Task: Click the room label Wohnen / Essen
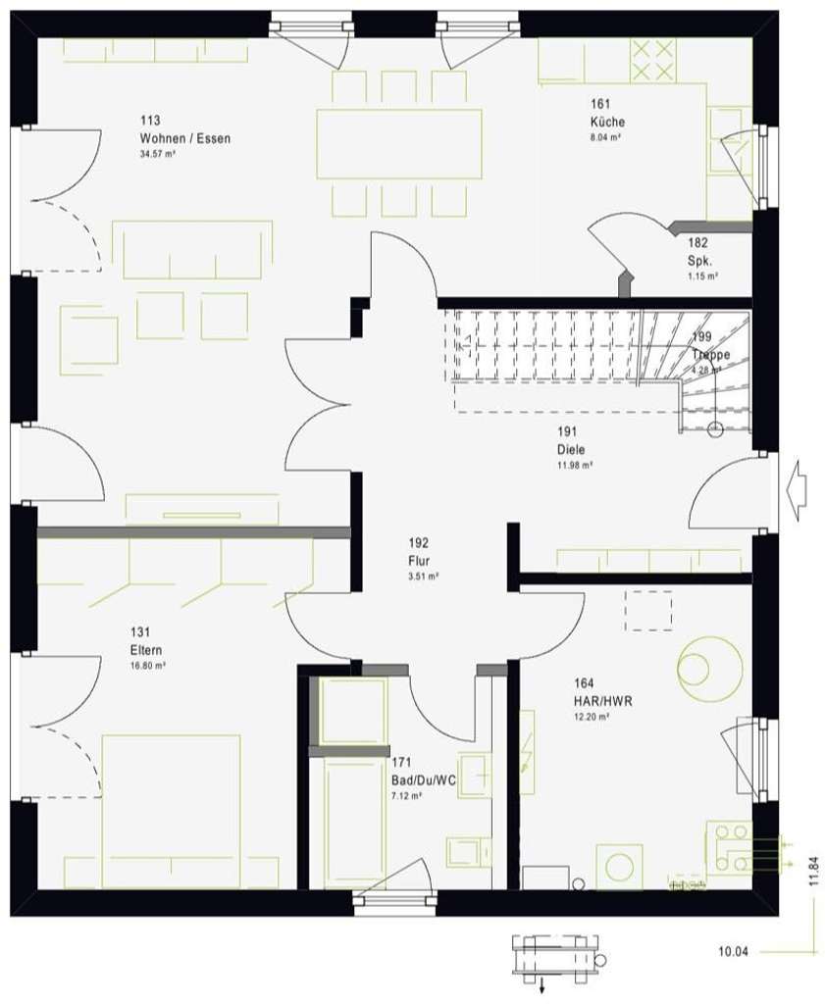(x=185, y=139)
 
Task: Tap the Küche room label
(x=607, y=123)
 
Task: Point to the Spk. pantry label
(x=699, y=261)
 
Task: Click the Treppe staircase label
(x=711, y=355)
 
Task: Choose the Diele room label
(x=570, y=450)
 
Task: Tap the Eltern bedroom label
(x=146, y=650)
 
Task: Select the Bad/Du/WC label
(x=423, y=779)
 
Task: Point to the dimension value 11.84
(x=812, y=871)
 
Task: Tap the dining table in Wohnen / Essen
(x=399, y=144)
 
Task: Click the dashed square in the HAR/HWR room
(x=648, y=610)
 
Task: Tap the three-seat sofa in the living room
(x=191, y=249)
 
